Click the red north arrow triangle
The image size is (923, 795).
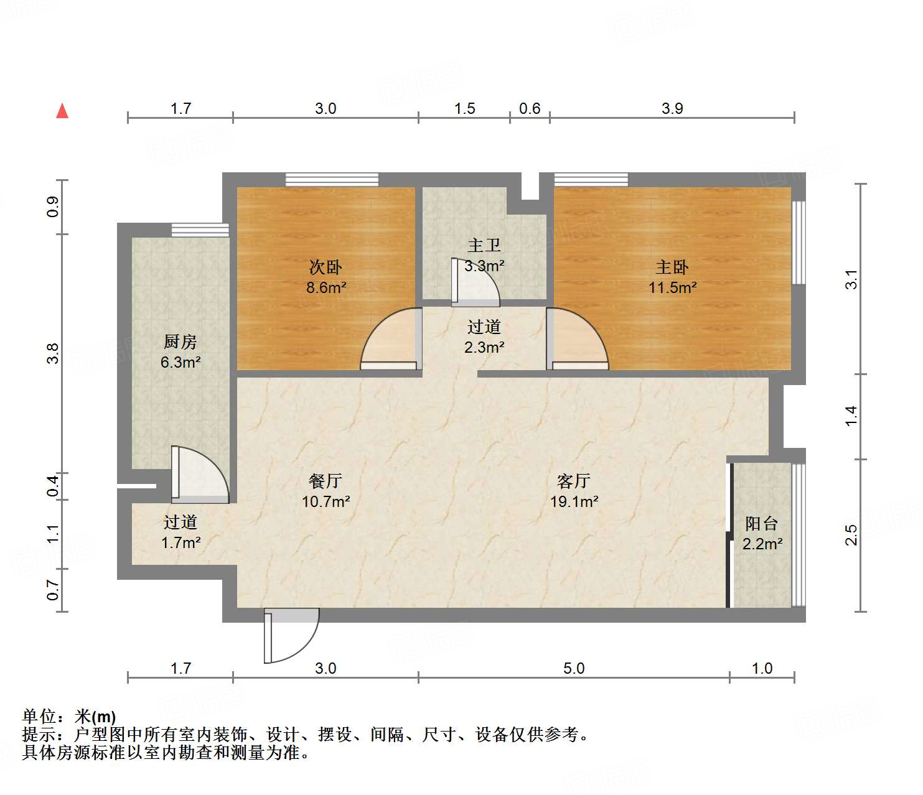tap(62, 111)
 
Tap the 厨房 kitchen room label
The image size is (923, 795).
tap(180, 342)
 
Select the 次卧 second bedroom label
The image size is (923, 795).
tap(326, 267)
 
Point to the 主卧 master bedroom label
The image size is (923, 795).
tap(672, 267)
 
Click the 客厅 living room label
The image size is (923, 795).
tap(574, 481)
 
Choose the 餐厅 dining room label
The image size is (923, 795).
tap(326, 481)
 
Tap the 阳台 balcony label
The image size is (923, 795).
tap(762, 524)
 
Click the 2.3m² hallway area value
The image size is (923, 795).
tap(484, 347)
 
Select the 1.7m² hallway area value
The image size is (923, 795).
tap(180, 542)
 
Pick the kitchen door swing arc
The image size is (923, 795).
tap(200, 474)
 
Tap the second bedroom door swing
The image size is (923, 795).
tap(391, 339)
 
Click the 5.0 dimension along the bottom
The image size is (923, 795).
tap(574, 668)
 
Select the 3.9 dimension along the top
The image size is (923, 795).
tap(672, 108)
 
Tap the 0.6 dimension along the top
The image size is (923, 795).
tap(530, 108)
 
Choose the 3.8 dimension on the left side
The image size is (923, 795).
tap(54, 353)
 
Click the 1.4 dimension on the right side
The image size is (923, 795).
tap(851, 416)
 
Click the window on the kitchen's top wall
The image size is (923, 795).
tap(200, 230)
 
